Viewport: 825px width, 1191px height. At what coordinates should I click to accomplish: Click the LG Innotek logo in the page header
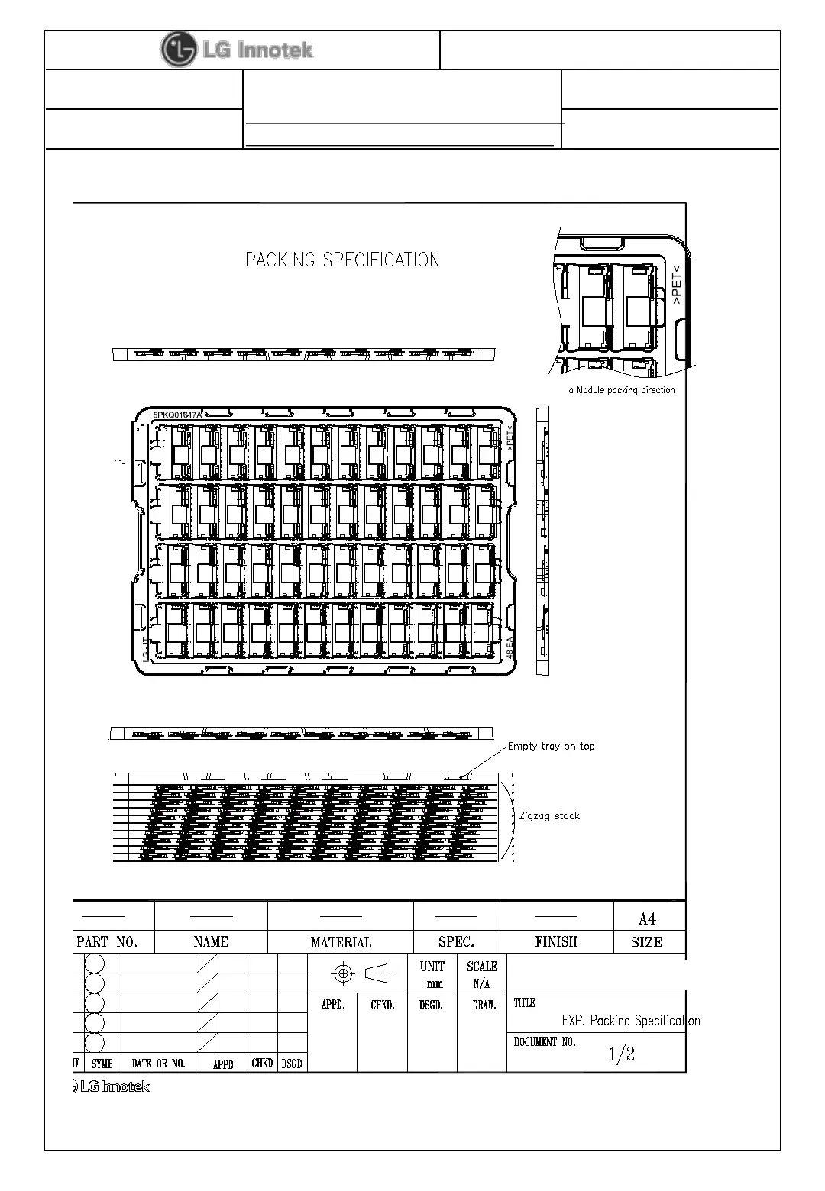pos(237,50)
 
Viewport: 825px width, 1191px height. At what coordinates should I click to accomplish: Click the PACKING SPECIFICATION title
pos(342,260)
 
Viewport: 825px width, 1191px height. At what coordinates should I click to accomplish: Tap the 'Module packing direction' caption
pos(622,390)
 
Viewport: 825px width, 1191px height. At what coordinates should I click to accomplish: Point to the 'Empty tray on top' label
pos(551,746)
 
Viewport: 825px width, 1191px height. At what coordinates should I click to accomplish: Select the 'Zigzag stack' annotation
pos(548,815)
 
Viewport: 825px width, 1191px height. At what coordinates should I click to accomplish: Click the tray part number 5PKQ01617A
pos(177,415)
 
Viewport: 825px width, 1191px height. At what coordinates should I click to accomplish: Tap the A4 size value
pos(647,919)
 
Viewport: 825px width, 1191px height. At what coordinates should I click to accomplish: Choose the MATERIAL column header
pos(341,942)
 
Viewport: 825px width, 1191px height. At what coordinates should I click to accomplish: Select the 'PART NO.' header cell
pos(107,941)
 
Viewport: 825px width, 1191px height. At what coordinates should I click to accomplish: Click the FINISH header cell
pos(556,941)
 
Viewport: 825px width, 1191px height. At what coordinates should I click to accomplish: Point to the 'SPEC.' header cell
pos(456,941)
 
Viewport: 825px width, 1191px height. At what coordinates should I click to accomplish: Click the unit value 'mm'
pos(434,984)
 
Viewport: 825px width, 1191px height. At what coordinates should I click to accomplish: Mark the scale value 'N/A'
pos(481,984)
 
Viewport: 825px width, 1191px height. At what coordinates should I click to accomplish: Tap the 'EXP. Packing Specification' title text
pos(630,1021)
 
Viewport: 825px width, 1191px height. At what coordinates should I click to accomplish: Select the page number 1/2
pos(621,1054)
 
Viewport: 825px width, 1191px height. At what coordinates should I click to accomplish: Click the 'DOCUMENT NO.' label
pos(544,1041)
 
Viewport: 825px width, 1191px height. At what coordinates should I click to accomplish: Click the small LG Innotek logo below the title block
pos(112,1086)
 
